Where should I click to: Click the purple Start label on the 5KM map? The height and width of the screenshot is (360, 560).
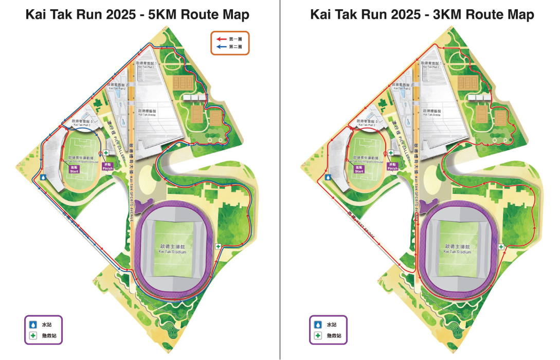pyautogui.click(x=74, y=170)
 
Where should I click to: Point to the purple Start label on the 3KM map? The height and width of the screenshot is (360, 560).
pyautogui.click(x=358, y=170)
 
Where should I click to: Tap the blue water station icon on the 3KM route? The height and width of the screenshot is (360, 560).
pyautogui.click(x=328, y=177)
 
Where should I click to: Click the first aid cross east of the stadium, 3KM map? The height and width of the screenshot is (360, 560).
pyautogui.click(x=502, y=247)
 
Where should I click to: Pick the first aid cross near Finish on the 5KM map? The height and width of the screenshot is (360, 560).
pyautogui.click(x=106, y=153)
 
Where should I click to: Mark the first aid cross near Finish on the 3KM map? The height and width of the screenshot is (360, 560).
pyautogui.click(x=391, y=153)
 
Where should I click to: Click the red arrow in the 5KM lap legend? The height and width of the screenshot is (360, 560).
pyautogui.click(x=222, y=39)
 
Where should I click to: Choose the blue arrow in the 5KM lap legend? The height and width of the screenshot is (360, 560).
pyautogui.click(x=222, y=46)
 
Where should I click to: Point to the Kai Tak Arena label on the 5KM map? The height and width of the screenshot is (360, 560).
pyautogui.click(x=148, y=113)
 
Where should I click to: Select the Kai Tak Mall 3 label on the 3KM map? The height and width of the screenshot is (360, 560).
pyautogui.click(x=366, y=123)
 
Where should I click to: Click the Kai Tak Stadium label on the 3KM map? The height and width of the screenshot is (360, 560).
pyautogui.click(x=457, y=250)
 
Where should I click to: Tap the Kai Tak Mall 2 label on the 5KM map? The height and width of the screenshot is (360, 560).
pyautogui.click(x=117, y=86)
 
